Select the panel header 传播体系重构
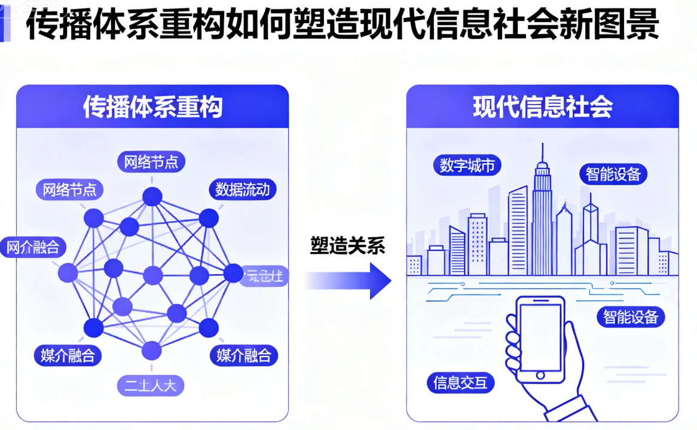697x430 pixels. coord(152,107)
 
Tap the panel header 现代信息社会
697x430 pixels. coord(542,107)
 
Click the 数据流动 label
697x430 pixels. coord(242,190)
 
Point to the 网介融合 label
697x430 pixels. coord(33,247)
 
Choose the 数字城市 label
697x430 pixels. coord(467,165)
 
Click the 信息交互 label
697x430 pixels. coord(460,382)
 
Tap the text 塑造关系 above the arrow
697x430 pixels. coord(347,245)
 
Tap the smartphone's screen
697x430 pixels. coord(540,337)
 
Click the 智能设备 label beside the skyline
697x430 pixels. coord(613,174)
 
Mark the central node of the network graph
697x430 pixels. coord(153,275)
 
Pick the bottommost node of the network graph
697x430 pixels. coord(152,351)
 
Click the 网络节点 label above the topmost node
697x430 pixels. coord(151,162)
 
